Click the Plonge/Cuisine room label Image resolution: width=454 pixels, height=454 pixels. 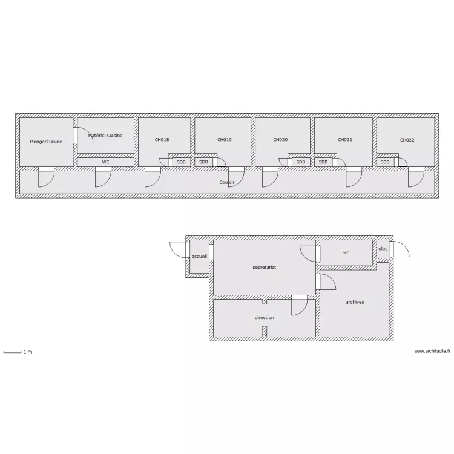(46, 142)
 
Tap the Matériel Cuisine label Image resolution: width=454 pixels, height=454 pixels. (105, 135)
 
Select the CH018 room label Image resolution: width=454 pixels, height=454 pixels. (162, 140)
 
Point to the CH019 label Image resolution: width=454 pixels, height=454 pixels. (225, 140)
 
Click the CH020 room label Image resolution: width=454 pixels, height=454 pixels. (280, 140)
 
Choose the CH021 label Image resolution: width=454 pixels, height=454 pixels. (345, 140)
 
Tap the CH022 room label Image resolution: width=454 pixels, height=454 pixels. (407, 140)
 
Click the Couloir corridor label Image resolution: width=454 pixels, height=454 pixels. (227, 182)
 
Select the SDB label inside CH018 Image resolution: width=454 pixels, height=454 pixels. (181, 162)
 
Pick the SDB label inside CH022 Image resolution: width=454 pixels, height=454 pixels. (385, 162)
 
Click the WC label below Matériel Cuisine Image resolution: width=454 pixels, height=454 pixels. (105, 162)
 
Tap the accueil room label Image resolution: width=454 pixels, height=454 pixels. (200, 256)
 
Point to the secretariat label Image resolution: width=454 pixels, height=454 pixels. (265, 267)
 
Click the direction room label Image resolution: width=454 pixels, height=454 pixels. (265, 317)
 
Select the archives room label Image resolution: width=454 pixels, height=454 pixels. (355, 302)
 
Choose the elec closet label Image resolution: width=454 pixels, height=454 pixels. (383, 249)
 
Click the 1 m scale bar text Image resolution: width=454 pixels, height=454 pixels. (28, 352)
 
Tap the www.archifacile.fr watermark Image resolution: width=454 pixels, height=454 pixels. (432, 351)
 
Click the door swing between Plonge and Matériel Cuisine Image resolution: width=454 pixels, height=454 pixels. (88, 131)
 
